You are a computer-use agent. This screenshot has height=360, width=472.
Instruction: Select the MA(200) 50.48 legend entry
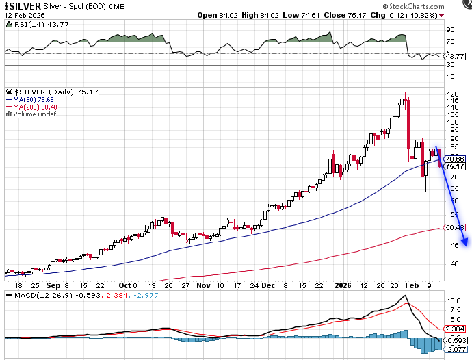(30, 107)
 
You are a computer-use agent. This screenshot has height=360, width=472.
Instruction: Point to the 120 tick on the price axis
(452, 94)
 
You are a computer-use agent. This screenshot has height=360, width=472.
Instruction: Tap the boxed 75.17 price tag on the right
(455, 166)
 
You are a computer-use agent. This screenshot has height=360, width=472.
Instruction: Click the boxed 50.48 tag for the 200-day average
(455, 227)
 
